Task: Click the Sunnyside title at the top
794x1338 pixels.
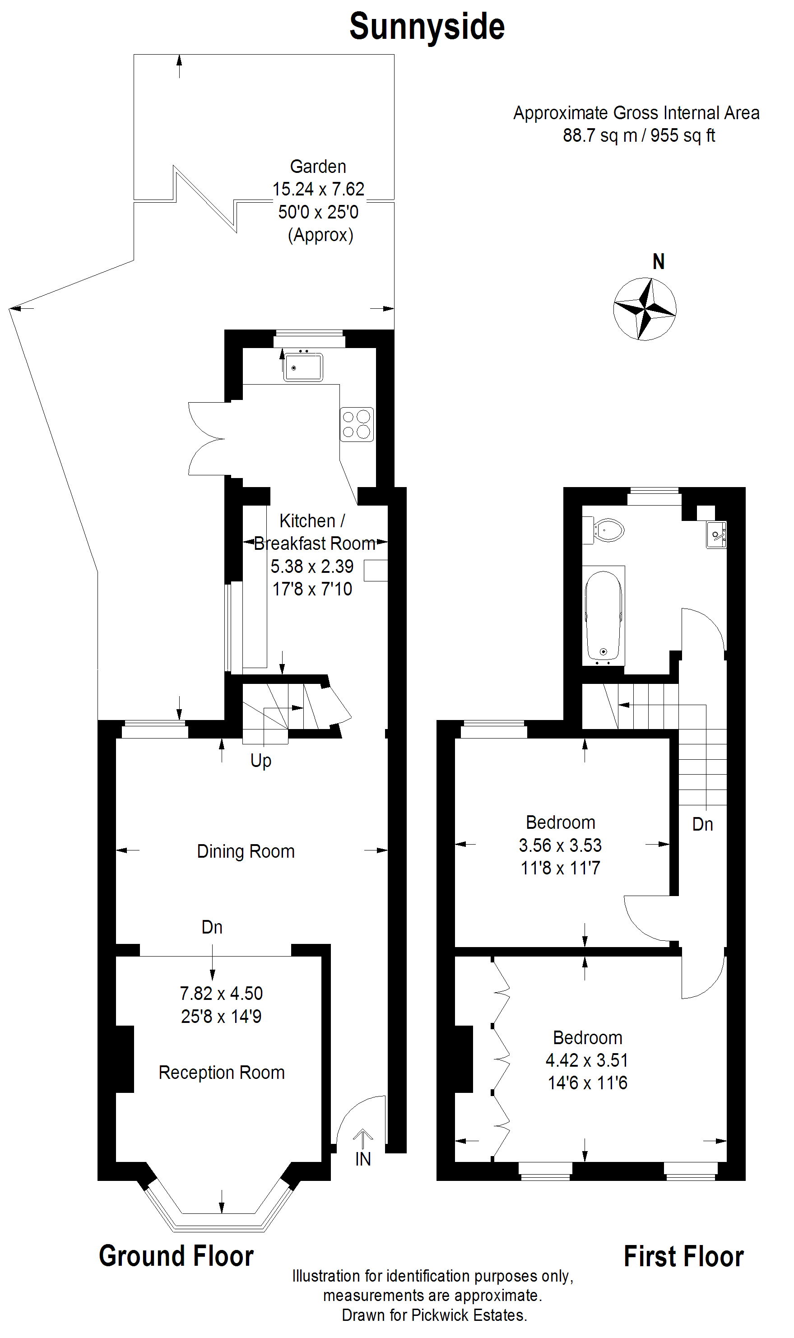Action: tap(427, 27)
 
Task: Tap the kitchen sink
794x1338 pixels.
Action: tap(303, 367)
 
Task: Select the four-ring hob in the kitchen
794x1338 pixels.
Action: tap(356, 424)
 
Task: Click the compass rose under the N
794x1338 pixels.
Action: tap(645, 309)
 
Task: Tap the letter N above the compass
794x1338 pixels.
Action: tap(659, 262)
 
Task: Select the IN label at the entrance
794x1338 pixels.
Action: tap(363, 1159)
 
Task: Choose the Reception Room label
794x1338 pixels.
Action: tap(222, 1072)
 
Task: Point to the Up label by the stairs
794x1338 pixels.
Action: tap(260, 760)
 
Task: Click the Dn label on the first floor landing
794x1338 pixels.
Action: tap(702, 824)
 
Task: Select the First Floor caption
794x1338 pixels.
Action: tap(684, 1256)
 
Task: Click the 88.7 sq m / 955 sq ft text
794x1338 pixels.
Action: tap(639, 135)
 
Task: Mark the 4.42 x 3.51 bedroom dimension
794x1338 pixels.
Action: tap(587, 1060)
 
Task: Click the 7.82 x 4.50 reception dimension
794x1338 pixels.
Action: tap(222, 993)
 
